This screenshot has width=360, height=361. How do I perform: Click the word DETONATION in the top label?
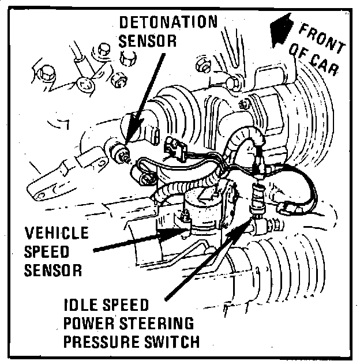(168, 23)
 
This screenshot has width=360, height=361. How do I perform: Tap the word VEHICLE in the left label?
(57, 234)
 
